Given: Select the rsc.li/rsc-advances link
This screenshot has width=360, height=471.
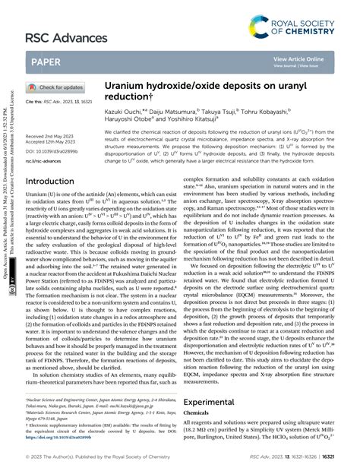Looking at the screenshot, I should (x=44, y=161).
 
